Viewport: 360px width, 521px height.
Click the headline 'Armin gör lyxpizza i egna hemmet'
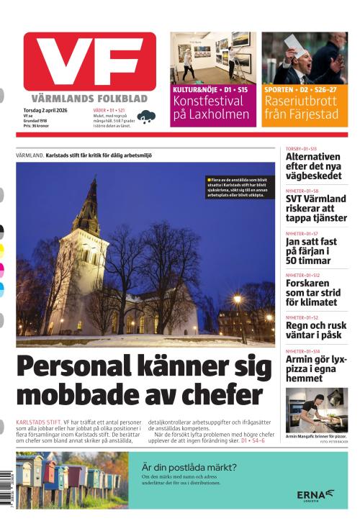click(315, 367)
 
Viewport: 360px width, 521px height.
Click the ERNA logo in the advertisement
click(315, 494)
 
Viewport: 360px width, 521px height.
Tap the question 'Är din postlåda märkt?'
click(189, 466)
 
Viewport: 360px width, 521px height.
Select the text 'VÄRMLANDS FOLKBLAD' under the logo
click(89, 98)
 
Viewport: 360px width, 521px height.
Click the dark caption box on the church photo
click(240, 187)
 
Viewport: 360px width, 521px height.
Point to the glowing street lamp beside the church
click(237, 298)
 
